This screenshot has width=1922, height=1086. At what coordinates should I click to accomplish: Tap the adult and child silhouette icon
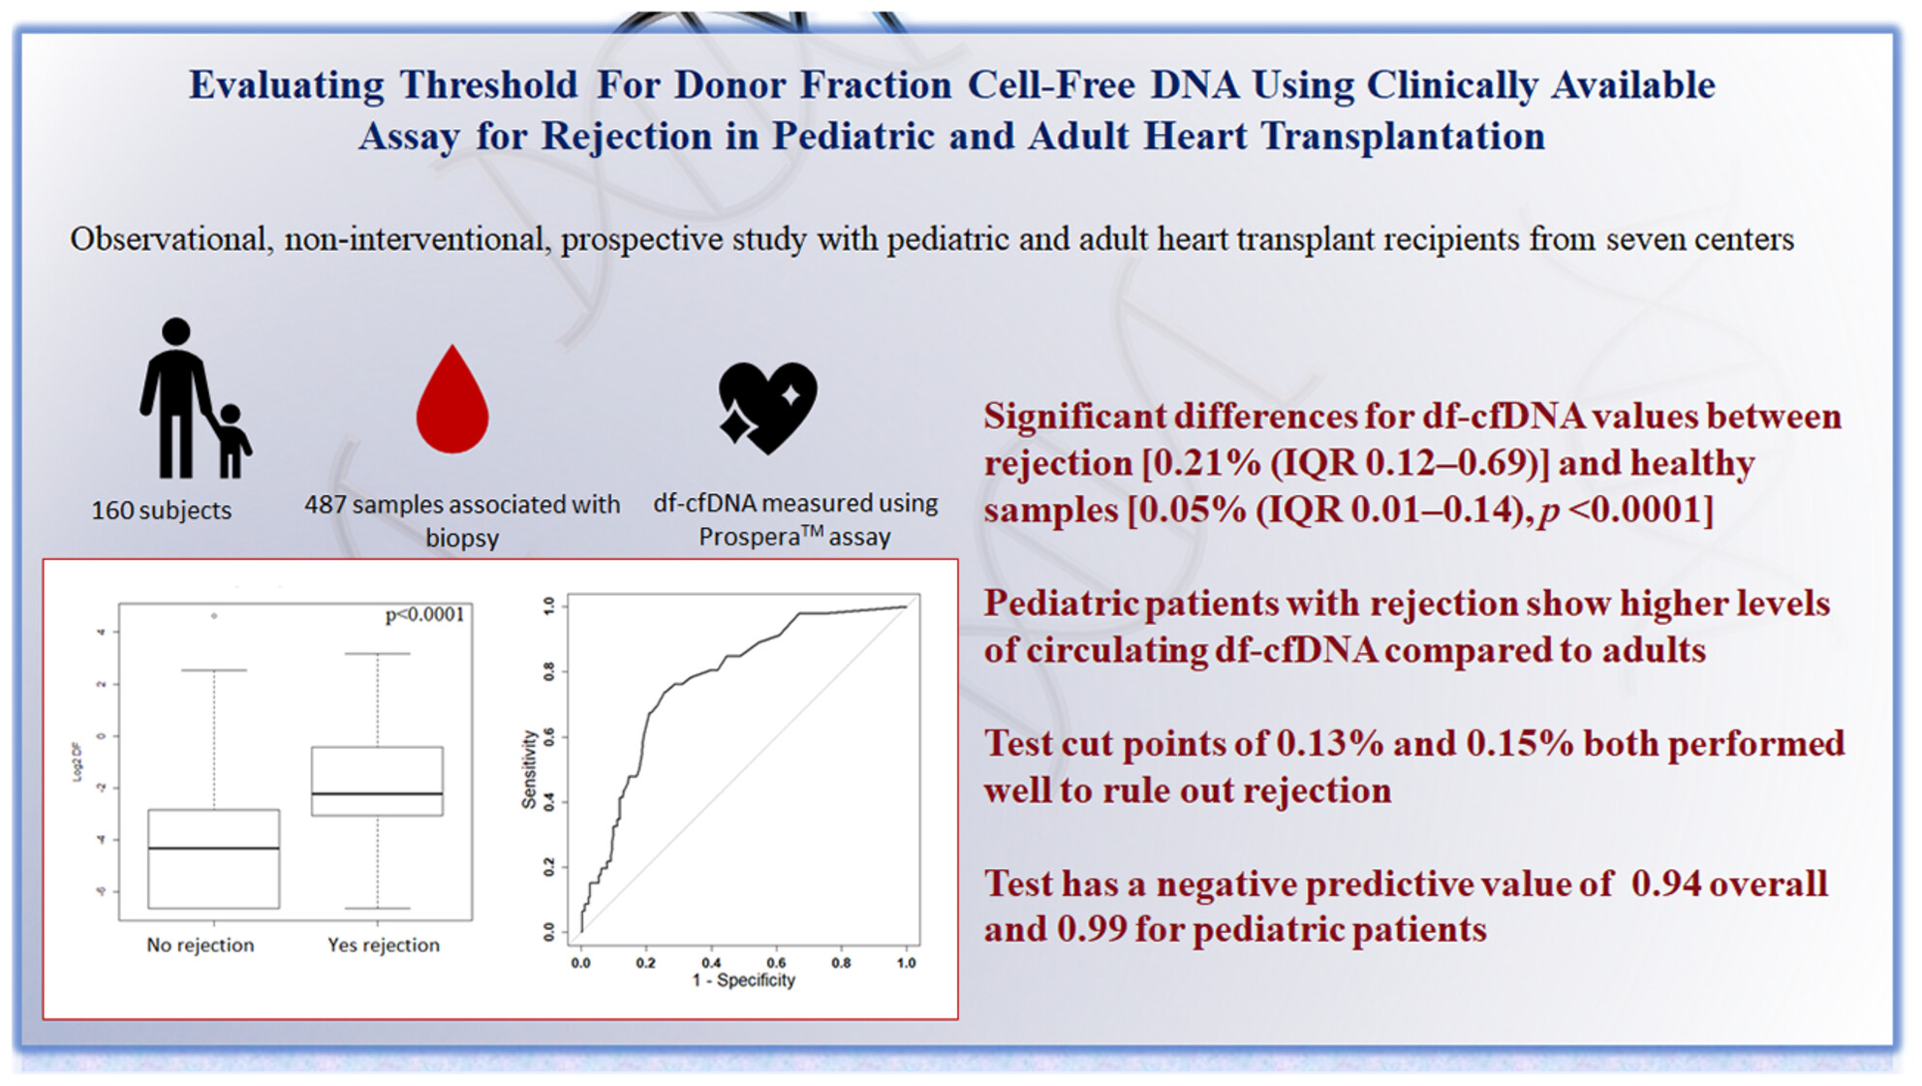(x=195, y=398)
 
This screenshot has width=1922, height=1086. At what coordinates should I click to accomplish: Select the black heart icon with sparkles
(x=767, y=407)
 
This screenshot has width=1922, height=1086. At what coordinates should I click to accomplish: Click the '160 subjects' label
(x=162, y=511)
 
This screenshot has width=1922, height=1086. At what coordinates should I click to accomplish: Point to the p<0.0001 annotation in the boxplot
(x=424, y=614)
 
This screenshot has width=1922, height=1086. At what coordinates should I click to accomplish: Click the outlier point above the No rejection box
(x=214, y=615)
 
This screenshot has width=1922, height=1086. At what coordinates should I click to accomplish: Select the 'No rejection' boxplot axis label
(x=201, y=945)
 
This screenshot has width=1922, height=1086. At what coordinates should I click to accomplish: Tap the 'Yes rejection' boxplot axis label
(x=384, y=945)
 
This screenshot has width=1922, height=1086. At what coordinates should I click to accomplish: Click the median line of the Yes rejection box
(x=378, y=793)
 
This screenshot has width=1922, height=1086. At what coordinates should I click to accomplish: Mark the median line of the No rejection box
(x=214, y=849)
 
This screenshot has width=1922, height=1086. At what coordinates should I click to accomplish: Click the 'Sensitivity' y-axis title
(x=529, y=769)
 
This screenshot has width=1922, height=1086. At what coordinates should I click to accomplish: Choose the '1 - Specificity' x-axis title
(x=744, y=980)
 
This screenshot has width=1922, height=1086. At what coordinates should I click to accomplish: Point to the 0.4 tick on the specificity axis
(x=711, y=963)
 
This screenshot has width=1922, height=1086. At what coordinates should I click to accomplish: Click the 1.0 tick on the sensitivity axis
(x=549, y=605)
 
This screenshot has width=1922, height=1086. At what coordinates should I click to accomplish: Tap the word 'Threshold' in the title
(x=489, y=85)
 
